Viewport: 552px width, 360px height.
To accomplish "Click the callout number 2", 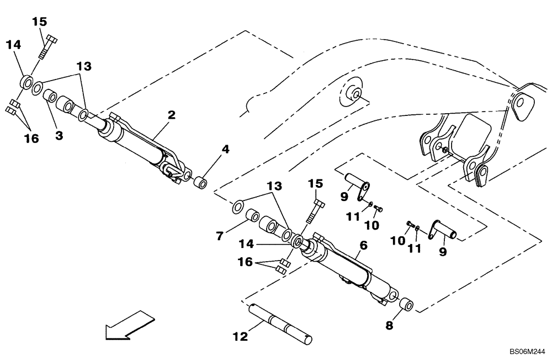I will click(172, 115).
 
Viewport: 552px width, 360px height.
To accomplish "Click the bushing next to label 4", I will click(201, 182).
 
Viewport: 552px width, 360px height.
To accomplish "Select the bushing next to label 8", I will click(406, 304).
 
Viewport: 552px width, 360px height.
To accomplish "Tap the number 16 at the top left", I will click(31, 139).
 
